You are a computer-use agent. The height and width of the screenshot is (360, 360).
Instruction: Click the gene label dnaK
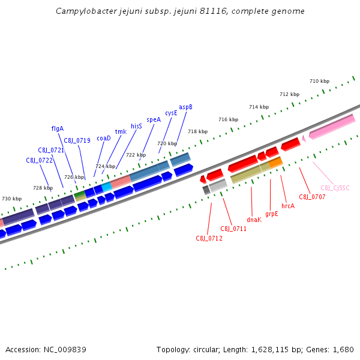tap(254, 220)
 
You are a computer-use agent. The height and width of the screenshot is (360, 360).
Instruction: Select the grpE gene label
tap(272, 214)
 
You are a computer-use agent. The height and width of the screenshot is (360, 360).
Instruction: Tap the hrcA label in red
tap(288, 206)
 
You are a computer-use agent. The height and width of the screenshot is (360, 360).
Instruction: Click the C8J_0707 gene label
tap(312, 197)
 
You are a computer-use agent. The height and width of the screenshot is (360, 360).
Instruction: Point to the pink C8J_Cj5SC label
tap(335, 188)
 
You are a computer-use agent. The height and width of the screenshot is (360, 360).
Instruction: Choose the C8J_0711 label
tap(233, 229)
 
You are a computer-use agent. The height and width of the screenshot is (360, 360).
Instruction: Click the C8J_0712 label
tap(209, 238)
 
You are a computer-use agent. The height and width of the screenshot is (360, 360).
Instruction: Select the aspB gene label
tap(185, 107)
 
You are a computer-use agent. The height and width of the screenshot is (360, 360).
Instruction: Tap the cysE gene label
tap(171, 113)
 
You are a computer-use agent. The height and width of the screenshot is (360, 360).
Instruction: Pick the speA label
tap(154, 119)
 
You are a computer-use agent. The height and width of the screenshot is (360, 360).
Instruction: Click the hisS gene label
tap(136, 126)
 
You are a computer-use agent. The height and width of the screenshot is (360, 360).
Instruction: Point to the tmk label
tap(121, 131)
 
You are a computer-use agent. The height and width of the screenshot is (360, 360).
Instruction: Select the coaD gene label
tap(104, 138)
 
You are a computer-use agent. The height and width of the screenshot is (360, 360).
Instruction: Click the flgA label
tap(58, 128)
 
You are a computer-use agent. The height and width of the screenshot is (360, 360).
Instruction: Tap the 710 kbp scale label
tap(319, 81)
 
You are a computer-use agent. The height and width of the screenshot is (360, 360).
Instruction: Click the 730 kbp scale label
tap(11, 199)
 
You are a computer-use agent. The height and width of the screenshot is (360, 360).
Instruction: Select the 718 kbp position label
tap(197, 131)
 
